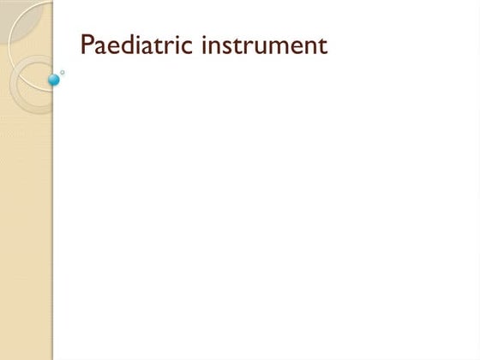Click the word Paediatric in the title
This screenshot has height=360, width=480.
coord(137,45)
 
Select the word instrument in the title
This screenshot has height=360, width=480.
coord(264,45)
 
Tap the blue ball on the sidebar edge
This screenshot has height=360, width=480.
coord(54,80)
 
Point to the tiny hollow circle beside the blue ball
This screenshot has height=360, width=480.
coord(63,73)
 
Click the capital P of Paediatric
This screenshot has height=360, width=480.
coord(87,45)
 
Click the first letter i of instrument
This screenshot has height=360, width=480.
coord(205,45)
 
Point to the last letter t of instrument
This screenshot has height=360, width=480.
coord(323,45)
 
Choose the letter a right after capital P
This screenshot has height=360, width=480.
coord(99,46)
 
